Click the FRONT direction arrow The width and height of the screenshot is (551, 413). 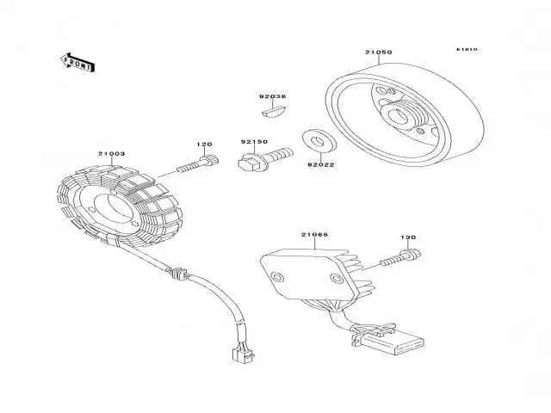click(77, 62)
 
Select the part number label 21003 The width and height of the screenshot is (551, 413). click(111, 154)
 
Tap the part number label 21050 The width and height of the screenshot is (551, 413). click(378, 52)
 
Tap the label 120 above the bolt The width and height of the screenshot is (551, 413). click(203, 145)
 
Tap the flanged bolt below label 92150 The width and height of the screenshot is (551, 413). click(257, 160)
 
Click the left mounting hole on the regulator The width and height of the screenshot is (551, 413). click(277, 277)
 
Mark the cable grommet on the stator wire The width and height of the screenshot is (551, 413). click(179, 274)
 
